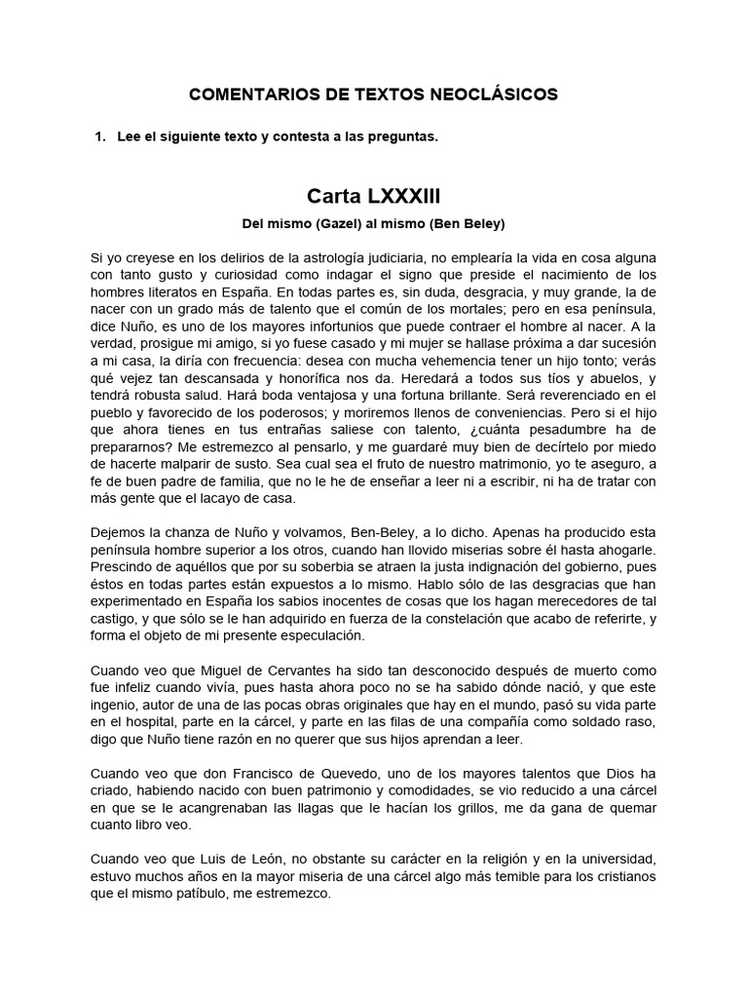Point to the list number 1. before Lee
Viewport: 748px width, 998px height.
click(99, 137)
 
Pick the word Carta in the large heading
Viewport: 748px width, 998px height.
click(336, 195)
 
